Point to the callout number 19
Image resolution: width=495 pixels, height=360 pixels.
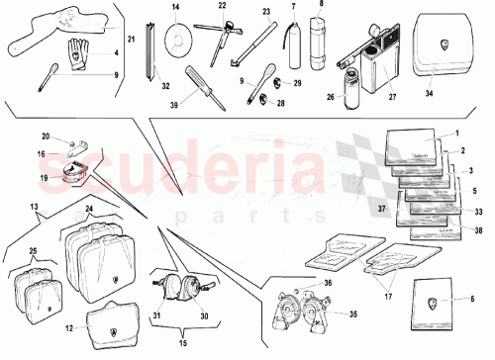coord(45,179)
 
